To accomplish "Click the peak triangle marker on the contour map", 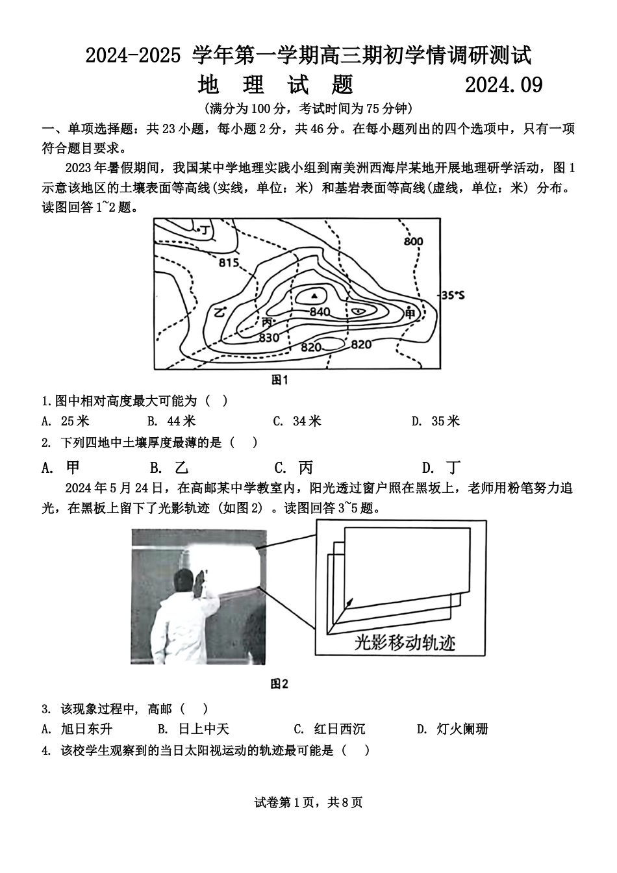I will tap(315, 296).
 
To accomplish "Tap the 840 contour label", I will tap(320, 312).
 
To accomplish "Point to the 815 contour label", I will tap(229, 263).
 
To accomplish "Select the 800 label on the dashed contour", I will tap(413, 242).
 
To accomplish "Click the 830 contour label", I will tap(268, 337).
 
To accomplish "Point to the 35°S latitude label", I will tap(453, 296).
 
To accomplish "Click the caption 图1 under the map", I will tap(279, 380).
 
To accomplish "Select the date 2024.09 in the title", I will tap(503, 85).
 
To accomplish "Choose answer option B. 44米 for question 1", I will tap(171, 421).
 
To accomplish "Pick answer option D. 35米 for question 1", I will tap(435, 421).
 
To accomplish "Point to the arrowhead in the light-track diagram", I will tap(351, 601).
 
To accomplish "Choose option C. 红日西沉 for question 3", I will tap(329, 729).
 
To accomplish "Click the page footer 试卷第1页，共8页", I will tap(308, 802).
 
